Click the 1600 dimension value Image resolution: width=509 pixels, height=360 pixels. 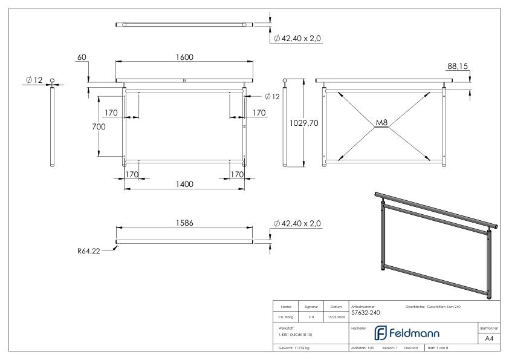tap(184, 57)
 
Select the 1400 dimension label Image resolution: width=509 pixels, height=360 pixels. tap(184, 184)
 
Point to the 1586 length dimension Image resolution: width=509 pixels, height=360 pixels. tap(184, 223)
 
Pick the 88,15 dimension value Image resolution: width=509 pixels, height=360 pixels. tap(458, 66)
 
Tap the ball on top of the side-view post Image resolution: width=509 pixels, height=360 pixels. tap(53, 81)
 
